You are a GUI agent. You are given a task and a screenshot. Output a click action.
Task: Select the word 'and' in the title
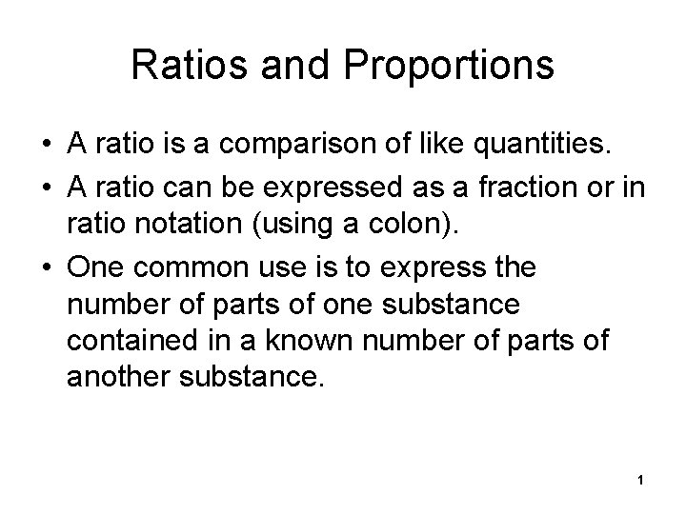(286, 65)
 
